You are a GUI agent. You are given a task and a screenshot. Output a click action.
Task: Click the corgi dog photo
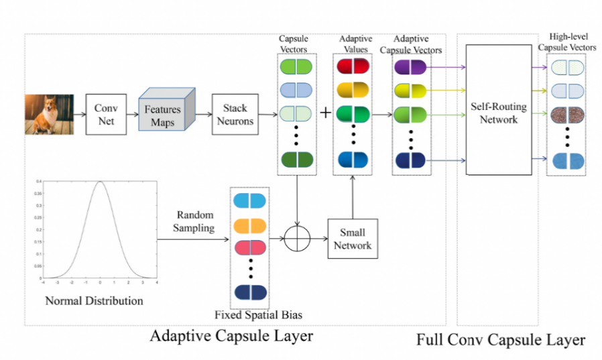49,113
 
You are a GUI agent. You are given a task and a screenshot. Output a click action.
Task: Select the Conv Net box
105,114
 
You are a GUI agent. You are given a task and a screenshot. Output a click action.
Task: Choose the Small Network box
352,238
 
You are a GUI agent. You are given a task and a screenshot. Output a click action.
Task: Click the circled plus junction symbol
296,239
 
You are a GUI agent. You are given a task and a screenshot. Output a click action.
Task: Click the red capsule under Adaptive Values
353,66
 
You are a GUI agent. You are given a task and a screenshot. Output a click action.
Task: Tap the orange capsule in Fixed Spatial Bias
249,225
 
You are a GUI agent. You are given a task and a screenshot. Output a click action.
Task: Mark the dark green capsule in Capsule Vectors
296,160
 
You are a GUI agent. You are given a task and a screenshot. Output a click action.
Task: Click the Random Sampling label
195,221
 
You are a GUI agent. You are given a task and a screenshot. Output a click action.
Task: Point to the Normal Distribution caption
94,301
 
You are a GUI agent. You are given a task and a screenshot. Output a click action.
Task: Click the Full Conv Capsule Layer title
501,339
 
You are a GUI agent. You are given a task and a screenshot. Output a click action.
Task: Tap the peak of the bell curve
99,182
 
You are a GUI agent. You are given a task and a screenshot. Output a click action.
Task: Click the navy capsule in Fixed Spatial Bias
249,292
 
